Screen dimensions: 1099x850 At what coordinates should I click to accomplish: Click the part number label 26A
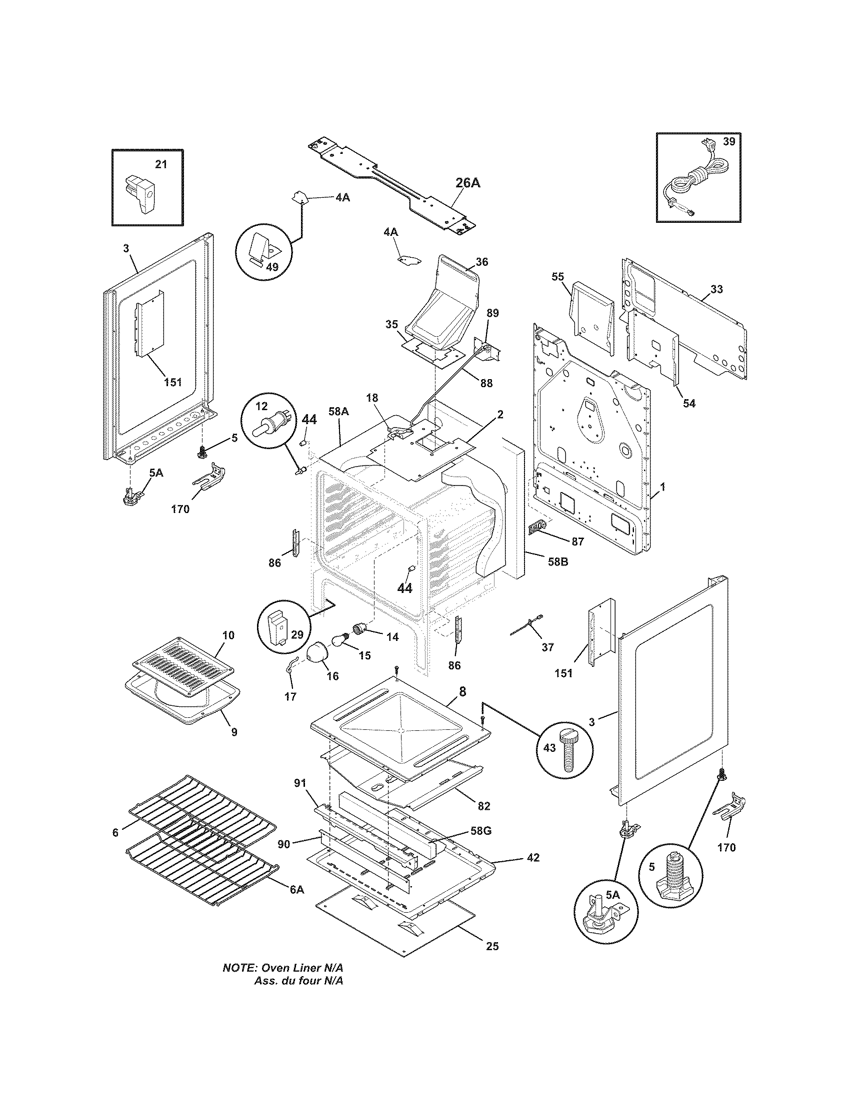click(x=468, y=183)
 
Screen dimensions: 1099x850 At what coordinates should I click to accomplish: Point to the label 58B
click(x=557, y=561)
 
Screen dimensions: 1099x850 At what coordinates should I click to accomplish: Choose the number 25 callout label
click(x=492, y=947)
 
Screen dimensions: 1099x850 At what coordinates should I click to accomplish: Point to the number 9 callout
click(x=234, y=732)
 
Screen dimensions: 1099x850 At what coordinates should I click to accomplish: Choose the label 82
click(x=483, y=806)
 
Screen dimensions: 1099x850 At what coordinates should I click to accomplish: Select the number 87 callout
click(x=577, y=542)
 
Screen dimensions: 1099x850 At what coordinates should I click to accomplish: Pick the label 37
click(x=547, y=647)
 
